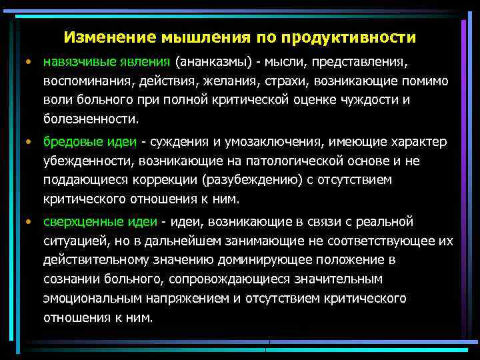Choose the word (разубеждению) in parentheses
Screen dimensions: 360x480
click(x=235, y=181)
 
